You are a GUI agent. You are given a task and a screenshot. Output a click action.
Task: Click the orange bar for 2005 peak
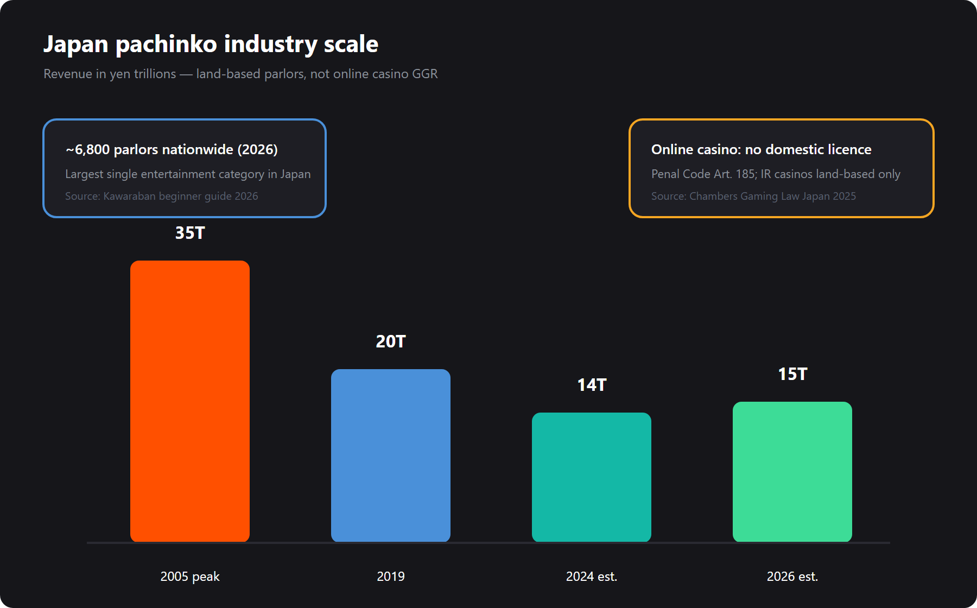pyautogui.click(x=190, y=401)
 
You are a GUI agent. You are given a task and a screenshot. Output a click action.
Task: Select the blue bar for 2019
pyautogui.click(x=391, y=455)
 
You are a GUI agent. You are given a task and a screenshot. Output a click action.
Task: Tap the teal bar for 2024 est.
pyautogui.click(x=592, y=477)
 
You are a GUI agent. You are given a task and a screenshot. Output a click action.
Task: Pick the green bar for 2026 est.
pyautogui.click(x=792, y=472)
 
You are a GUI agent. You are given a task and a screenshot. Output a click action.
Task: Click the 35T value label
pyautogui.click(x=190, y=233)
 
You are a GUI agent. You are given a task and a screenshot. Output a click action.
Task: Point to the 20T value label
pyautogui.click(x=391, y=341)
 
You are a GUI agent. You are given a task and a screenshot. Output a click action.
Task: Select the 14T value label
pyautogui.click(x=592, y=385)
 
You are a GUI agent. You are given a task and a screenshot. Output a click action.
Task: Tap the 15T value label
pyautogui.click(x=792, y=374)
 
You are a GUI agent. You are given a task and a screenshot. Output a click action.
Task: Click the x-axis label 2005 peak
pyautogui.click(x=190, y=577)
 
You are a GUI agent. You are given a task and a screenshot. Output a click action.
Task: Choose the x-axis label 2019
pyautogui.click(x=391, y=577)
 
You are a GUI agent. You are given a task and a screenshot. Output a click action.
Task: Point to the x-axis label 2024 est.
pyautogui.click(x=592, y=577)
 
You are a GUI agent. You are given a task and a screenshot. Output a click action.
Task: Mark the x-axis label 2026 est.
pyautogui.click(x=792, y=577)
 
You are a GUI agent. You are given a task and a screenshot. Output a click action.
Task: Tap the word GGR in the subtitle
pyautogui.click(x=425, y=74)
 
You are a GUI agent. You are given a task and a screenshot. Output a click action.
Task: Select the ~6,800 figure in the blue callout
pyautogui.click(x=87, y=150)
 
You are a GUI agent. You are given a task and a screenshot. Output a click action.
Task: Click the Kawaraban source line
pyautogui.click(x=162, y=196)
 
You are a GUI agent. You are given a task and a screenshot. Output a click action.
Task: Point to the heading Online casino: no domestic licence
pyautogui.click(x=762, y=149)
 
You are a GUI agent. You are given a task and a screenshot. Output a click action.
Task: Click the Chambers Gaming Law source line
pyautogui.click(x=753, y=196)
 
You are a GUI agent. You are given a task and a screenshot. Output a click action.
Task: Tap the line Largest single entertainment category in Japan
pyautogui.click(x=188, y=174)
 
